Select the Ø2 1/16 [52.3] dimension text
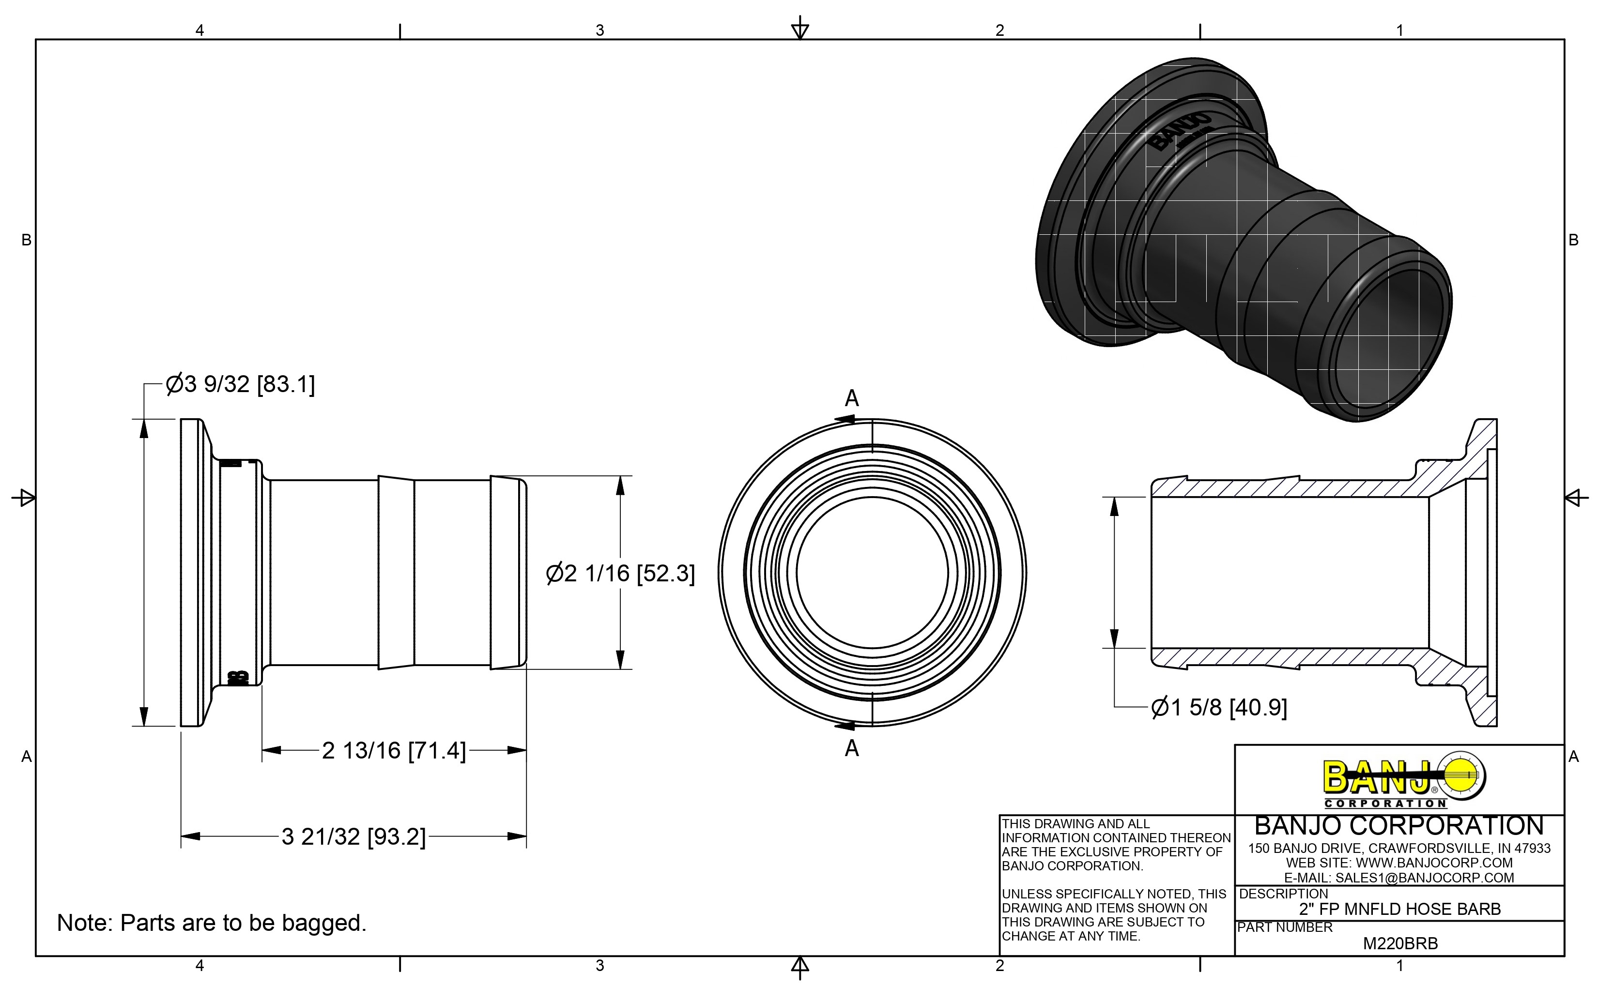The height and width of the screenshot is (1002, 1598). point(620,573)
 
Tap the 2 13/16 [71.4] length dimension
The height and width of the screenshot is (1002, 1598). point(394,751)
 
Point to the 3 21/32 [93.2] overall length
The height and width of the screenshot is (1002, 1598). point(353,837)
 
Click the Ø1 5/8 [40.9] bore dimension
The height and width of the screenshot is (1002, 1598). point(1219,708)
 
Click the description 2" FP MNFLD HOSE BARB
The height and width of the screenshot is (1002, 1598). point(1400,909)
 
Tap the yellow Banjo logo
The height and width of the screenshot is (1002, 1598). point(1403,781)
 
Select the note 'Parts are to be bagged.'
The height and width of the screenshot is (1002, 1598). point(212,923)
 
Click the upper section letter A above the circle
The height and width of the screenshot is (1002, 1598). point(852,398)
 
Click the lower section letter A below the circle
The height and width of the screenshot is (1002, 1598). point(852,748)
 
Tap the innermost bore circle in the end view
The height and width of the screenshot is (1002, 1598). point(872,573)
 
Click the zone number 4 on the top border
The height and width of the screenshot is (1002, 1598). point(200,30)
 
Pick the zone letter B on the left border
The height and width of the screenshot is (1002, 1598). point(27,240)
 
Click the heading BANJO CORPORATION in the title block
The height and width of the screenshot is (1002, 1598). point(1399,826)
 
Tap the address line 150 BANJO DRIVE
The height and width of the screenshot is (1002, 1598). point(1399,848)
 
